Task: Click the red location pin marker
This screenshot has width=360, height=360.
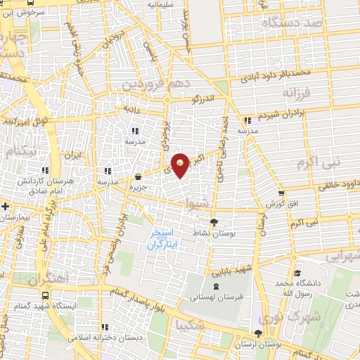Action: tap(181, 165)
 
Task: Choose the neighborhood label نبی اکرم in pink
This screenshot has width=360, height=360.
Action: tap(328, 164)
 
